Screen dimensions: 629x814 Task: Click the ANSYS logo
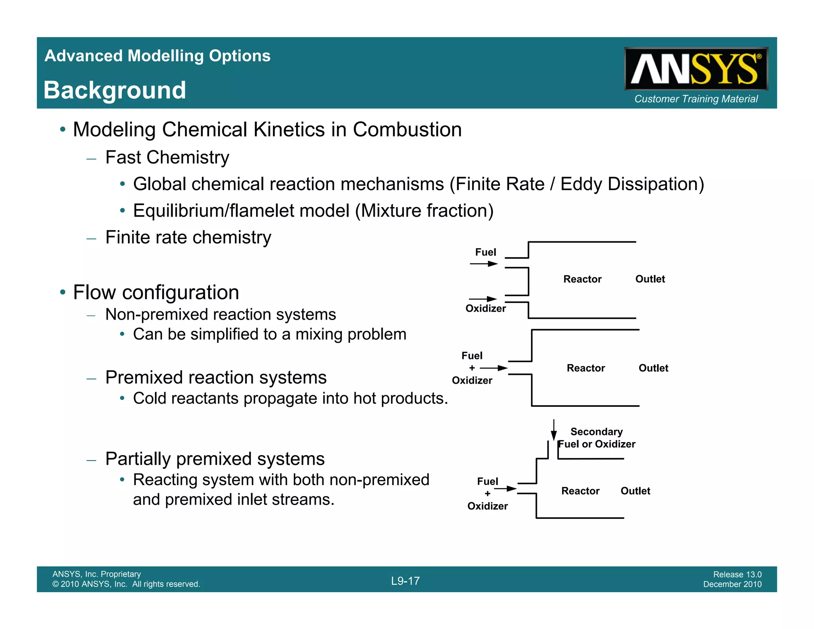pyautogui.click(x=696, y=69)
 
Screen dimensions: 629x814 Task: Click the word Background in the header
pyautogui.click(x=115, y=90)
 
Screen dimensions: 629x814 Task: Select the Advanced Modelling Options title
pyautogui.click(x=157, y=56)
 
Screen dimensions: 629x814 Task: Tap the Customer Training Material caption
pyautogui.click(x=696, y=99)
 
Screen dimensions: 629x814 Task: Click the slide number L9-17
pyautogui.click(x=405, y=581)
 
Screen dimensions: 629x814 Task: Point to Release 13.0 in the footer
pyautogui.click(x=737, y=574)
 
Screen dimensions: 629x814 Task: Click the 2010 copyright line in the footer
pyautogui.click(x=126, y=584)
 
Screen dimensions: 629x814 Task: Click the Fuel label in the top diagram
pyautogui.click(x=485, y=252)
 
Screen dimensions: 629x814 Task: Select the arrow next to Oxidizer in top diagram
pyautogui.click(x=483, y=299)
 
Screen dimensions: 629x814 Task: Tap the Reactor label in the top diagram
pyautogui.click(x=582, y=279)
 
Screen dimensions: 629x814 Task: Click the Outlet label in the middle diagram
pyautogui.click(x=653, y=368)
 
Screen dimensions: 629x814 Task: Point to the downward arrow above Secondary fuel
pyautogui.click(x=554, y=430)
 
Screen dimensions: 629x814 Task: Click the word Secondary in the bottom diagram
pyautogui.click(x=596, y=432)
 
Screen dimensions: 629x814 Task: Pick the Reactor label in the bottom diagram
pyautogui.click(x=580, y=491)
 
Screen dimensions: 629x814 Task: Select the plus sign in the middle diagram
pyautogui.click(x=472, y=368)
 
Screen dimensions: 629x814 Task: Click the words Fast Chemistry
pyautogui.click(x=167, y=157)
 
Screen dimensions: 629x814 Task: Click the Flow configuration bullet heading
pyautogui.click(x=156, y=293)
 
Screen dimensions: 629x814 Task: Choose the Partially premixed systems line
pyautogui.click(x=215, y=459)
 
